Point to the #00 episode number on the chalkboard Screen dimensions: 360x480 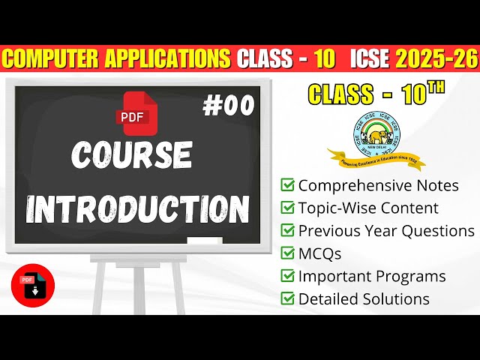(228, 106)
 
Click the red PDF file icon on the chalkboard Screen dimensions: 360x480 (131, 109)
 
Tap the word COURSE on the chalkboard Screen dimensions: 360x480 (132, 155)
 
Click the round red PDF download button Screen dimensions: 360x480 (32, 286)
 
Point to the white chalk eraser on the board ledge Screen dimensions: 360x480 (204, 241)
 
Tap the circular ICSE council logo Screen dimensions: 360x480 (376, 132)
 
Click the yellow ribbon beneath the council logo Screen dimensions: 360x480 (376, 159)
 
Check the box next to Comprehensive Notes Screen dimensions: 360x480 (287, 185)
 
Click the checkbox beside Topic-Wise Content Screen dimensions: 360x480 (287, 208)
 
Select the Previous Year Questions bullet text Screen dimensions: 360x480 (386, 231)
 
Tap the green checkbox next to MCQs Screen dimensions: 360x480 (287, 253)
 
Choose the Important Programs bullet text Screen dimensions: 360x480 (372, 276)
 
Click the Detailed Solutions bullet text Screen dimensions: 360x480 (364, 298)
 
